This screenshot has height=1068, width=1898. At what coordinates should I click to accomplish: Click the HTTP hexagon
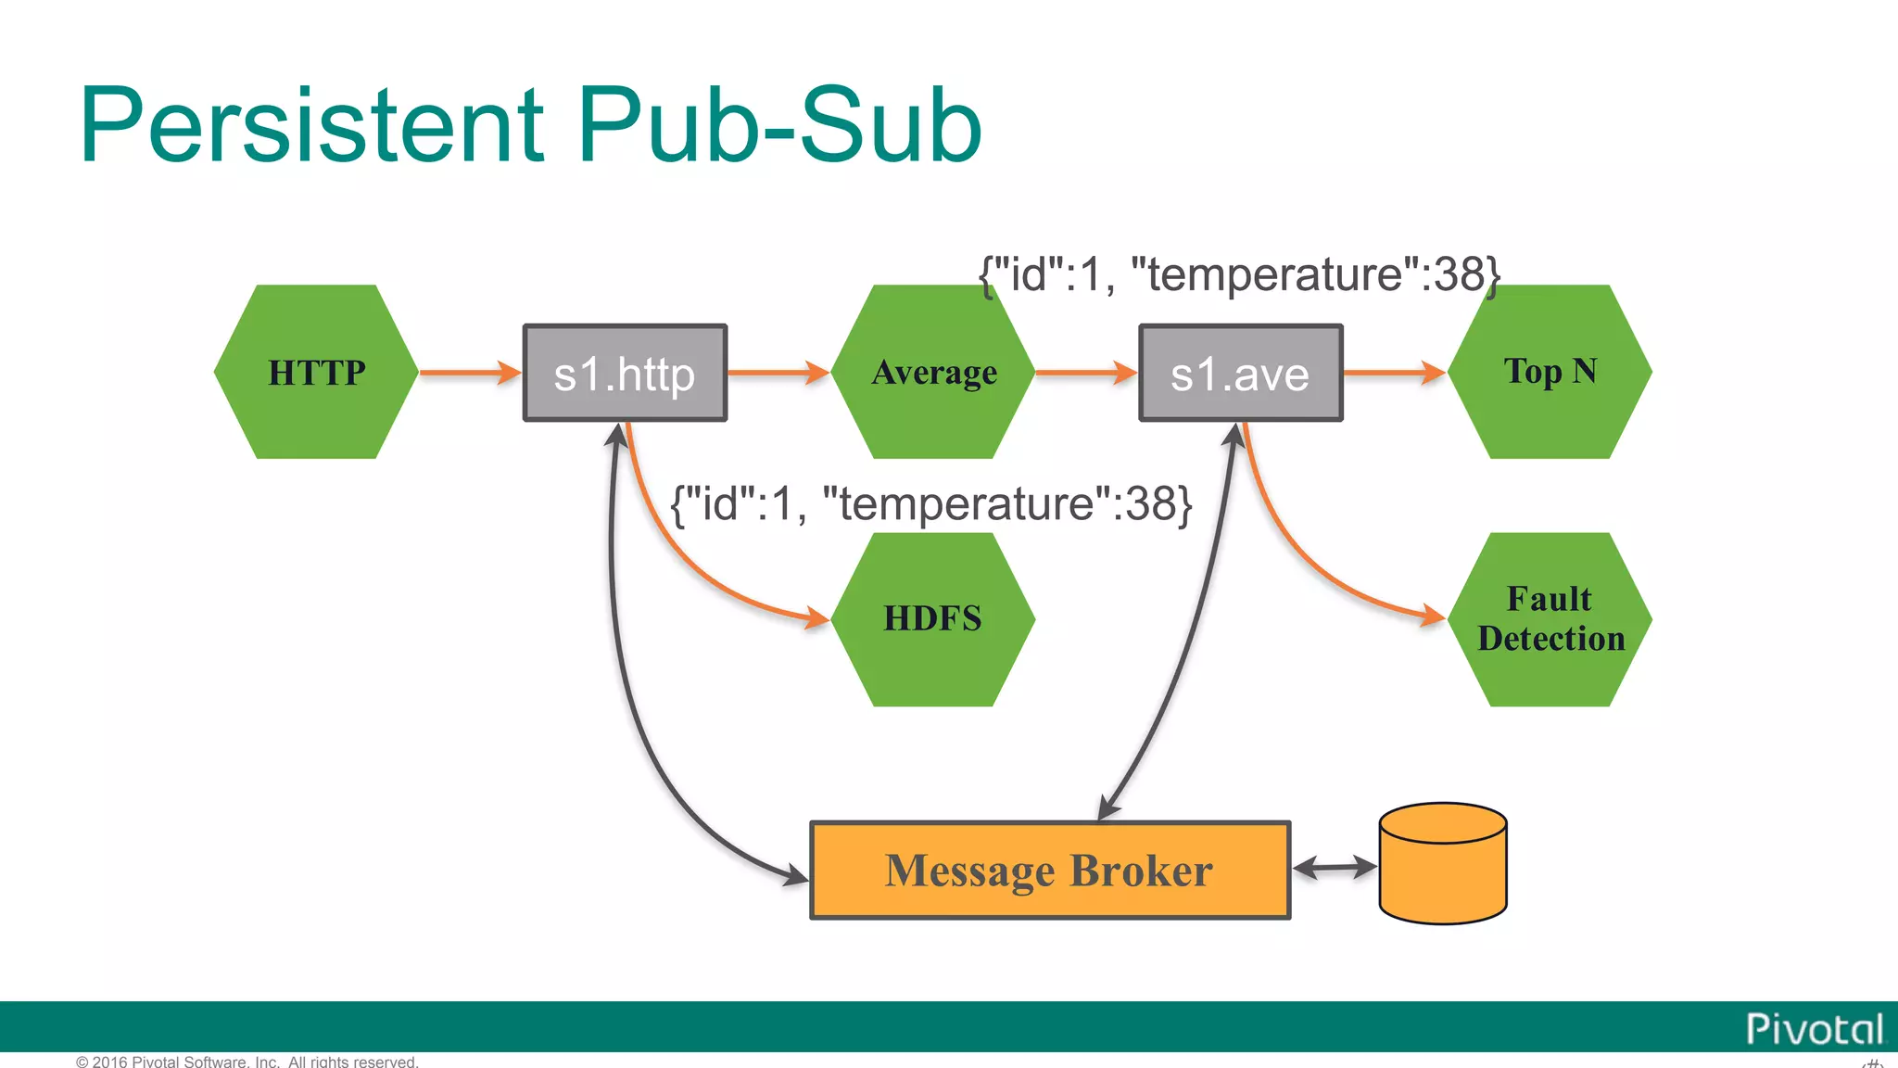click(316, 372)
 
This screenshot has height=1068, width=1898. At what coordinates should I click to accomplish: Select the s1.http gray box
click(625, 373)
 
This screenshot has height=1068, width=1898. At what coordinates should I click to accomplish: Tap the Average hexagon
click(933, 372)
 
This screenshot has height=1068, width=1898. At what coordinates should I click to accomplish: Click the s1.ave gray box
click(1240, 373)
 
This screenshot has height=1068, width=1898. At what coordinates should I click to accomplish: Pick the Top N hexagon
click(1550, 372)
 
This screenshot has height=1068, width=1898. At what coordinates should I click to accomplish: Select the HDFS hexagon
click(932, 619)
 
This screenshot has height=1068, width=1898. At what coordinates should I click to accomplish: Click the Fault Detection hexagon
click(1550, 619)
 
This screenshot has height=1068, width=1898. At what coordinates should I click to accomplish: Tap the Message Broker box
click(1050, 871)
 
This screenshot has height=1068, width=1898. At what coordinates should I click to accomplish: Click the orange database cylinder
click(1443, 864)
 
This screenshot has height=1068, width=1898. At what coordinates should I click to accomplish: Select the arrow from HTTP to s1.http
click(470, 373)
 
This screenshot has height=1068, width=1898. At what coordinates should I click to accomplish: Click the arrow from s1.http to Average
click(778, 373)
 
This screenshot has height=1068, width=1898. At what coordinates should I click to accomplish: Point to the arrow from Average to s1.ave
click(1085, 373)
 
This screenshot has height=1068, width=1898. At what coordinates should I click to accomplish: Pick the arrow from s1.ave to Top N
click(1393, 373)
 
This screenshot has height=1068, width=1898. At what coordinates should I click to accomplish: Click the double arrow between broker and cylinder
click(1335, 868)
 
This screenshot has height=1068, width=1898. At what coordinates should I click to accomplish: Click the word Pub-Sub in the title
click(778, 125)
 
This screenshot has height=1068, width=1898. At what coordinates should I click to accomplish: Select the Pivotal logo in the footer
click(1815, 1029)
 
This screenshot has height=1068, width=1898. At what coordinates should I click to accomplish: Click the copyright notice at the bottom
click(247, 1062)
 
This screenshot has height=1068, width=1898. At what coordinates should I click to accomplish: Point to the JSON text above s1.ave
click(1239, 274)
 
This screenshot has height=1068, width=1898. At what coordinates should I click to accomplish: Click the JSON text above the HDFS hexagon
click(930, 504)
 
